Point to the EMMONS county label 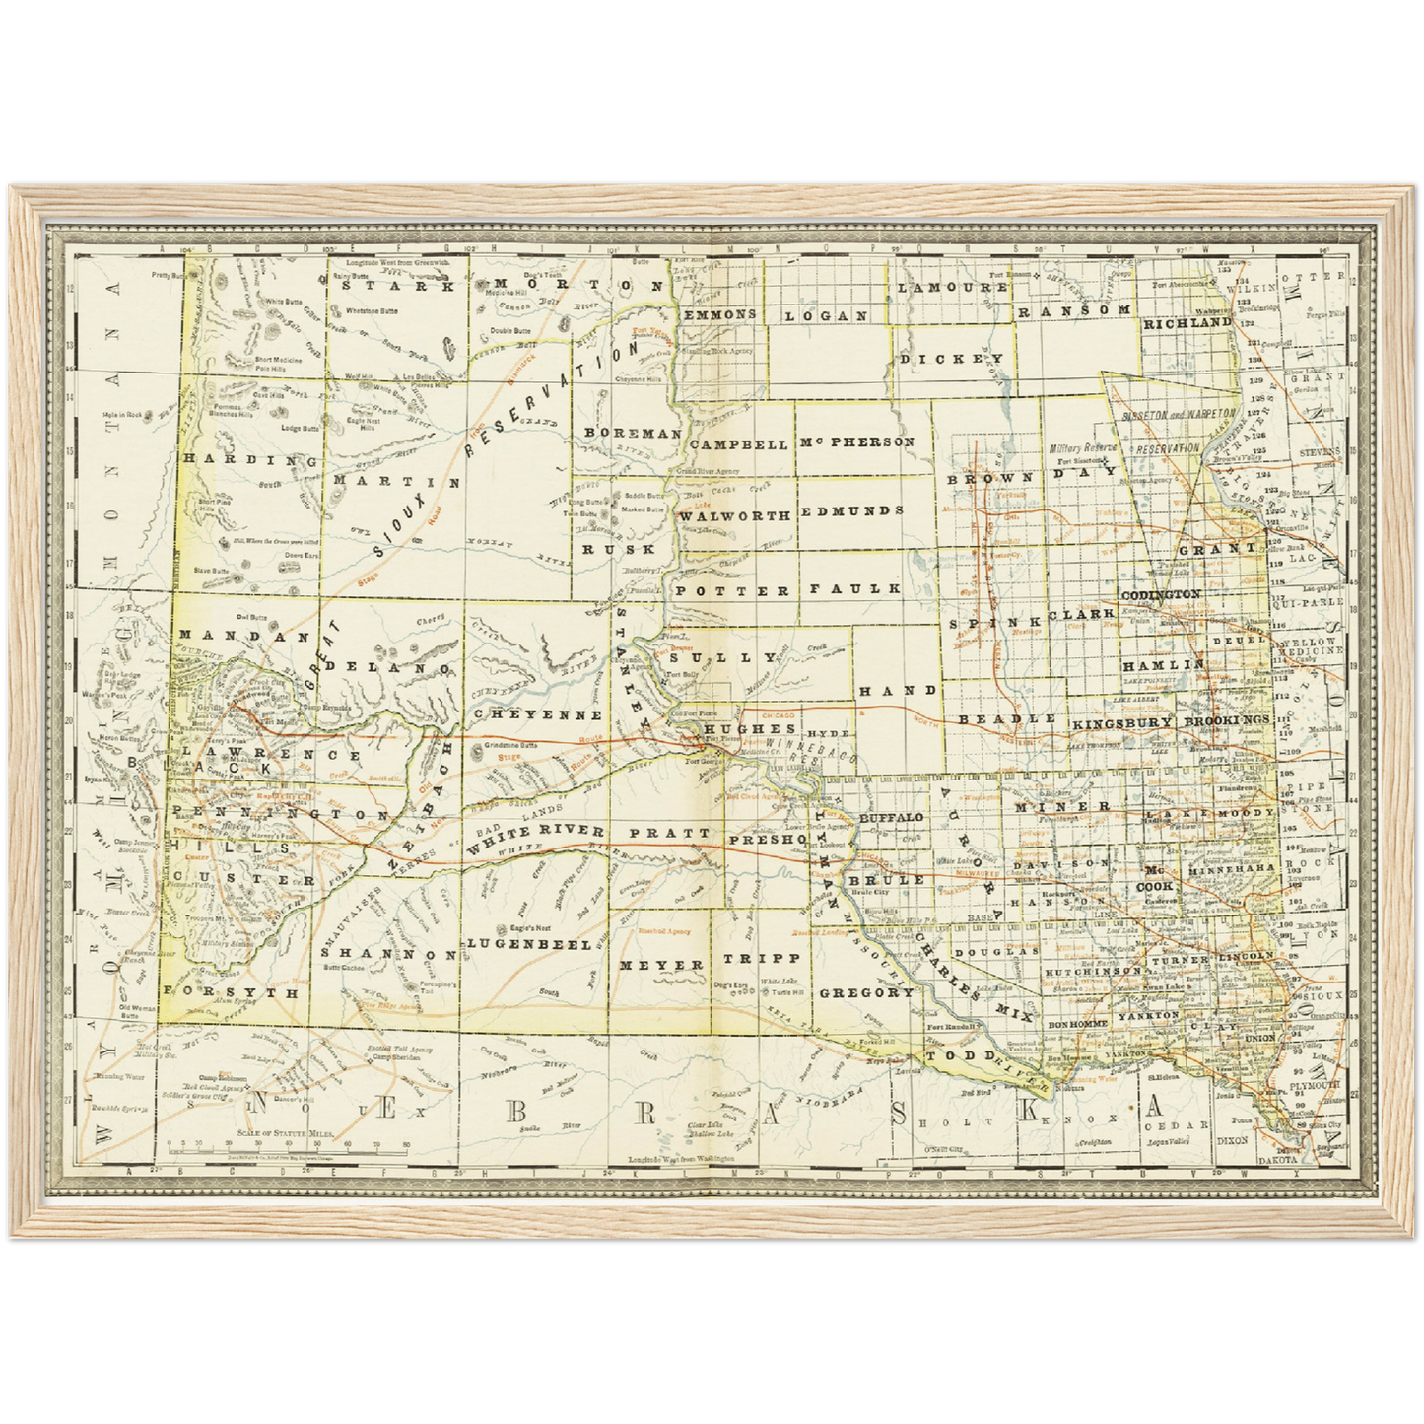(719, 314)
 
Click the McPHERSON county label (856, 442)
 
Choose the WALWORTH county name (735, 515)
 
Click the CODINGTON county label (1160, 595)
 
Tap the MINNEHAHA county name (1232, 871)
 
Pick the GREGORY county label (866, 992)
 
